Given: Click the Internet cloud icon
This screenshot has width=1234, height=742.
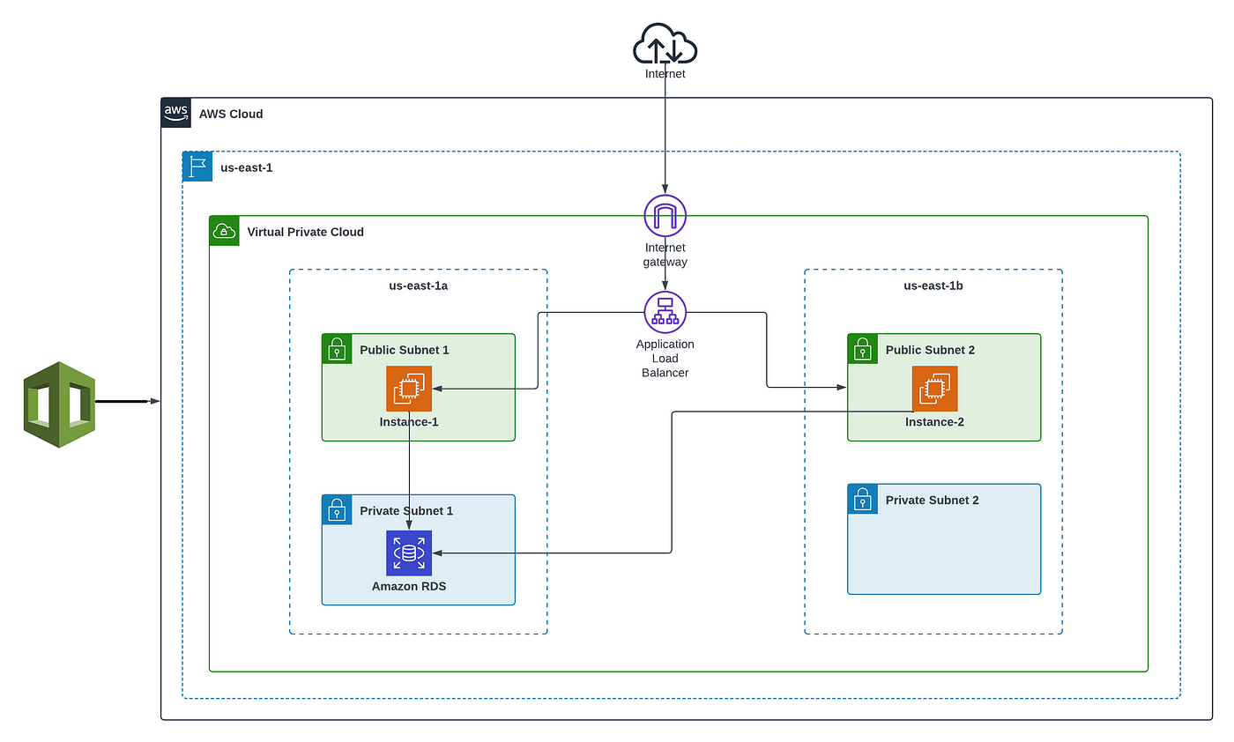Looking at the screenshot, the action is coord(665,43).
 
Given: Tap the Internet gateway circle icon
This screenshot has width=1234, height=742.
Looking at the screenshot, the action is coord(665,215).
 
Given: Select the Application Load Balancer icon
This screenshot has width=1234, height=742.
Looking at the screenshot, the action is coord(665,312).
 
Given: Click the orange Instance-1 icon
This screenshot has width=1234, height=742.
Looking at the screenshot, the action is coord(409,389).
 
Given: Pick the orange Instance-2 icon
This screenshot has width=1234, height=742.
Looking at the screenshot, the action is coord(934,389).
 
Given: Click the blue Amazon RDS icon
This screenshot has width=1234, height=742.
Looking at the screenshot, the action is coord(409,553).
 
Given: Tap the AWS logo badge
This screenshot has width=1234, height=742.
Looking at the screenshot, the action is coord(175,113).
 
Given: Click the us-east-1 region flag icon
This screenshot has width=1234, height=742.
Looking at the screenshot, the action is coord(197,167).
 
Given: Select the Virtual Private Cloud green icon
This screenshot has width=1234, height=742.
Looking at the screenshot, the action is coord(224,231).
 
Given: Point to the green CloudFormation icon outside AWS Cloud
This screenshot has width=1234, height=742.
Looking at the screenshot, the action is coord(60,404).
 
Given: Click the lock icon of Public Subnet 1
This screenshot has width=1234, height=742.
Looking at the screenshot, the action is coord(337,349).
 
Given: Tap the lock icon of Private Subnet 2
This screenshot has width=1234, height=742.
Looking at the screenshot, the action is coord(862,499).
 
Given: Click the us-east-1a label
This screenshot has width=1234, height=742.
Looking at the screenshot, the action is coord(418,286).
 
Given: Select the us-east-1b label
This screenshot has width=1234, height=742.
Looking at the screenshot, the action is coord(933,286).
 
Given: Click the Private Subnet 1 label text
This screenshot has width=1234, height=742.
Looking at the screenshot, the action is coord(406,510).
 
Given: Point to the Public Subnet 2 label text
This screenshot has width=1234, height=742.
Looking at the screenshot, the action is coord(930,350).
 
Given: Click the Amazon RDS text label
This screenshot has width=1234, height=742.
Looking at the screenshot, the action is coord(409,586).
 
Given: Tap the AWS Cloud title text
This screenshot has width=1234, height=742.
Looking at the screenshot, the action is coord(231,114).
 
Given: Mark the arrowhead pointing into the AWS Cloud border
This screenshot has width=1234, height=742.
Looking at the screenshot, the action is coord(155,401).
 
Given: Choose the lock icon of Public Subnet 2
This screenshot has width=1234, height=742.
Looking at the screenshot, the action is coord(862,349).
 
